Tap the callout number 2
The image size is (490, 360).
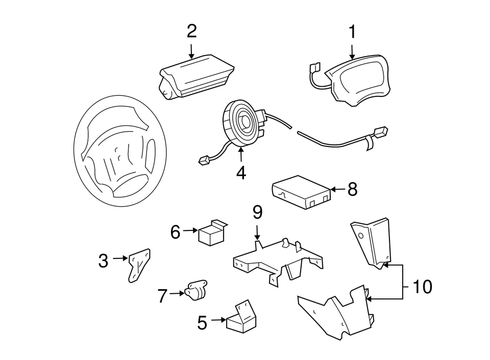[191, 31]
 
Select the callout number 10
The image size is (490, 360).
[422, 287]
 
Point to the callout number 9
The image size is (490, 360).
[257, 211]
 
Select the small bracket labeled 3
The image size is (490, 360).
[139, 264]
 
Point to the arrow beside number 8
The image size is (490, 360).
[335, 190]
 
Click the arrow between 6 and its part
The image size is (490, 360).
[190, 231]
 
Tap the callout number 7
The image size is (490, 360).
[162, 296]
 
